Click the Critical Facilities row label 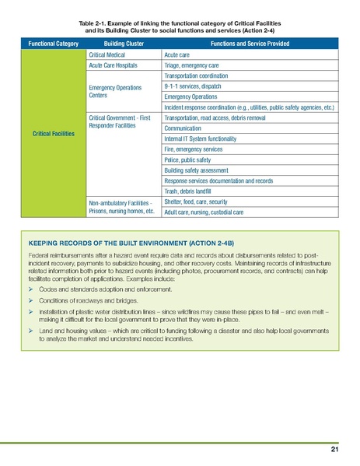pos(49,134)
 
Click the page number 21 pos(334,450)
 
